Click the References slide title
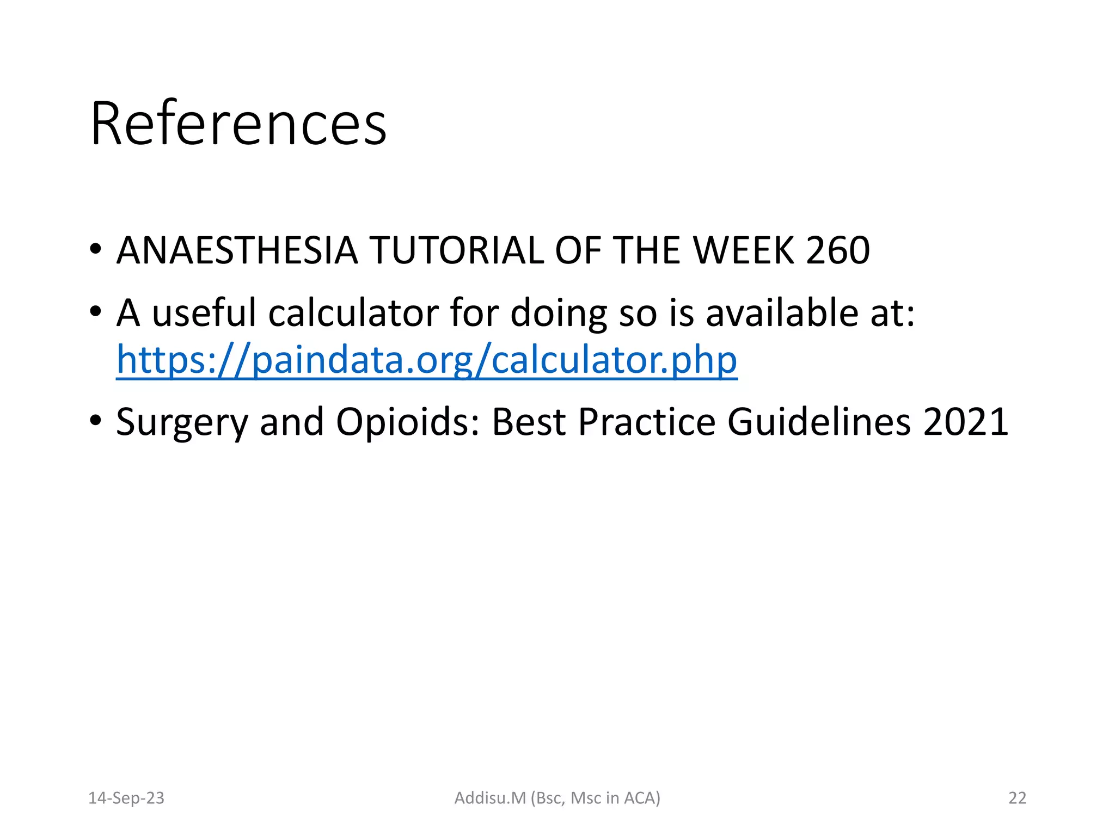click(238, 124)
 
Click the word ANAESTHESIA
click(237, 251)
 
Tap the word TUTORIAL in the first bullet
click(456, 251)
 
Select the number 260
click(837, 251)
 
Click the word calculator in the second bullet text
click(353, 313)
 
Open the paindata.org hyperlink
click(427, 360)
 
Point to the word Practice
click(646, 422)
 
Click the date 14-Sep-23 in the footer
click(126, 798)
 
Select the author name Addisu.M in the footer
click(490, 798)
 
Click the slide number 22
click(1017, 798)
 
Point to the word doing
click(559, 313)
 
